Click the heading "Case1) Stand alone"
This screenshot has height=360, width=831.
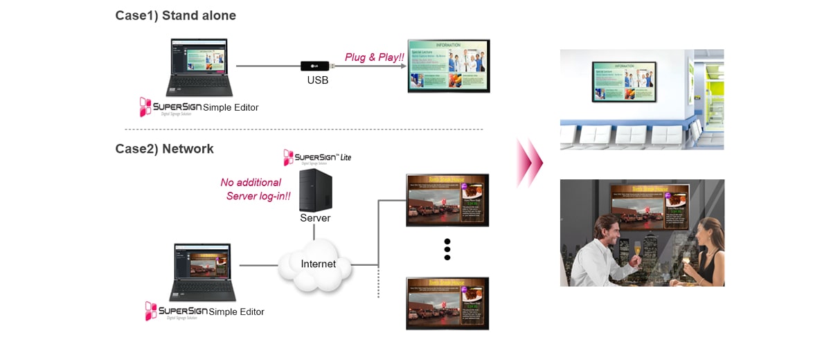tap(175, 15)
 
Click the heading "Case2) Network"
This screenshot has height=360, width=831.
tap(164, 149)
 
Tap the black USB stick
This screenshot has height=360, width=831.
tap(316, 66)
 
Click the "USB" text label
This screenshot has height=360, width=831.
tap(317, 80)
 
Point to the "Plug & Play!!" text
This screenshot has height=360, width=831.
tap(375, 57)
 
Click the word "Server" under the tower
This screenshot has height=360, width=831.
tap(315, 218)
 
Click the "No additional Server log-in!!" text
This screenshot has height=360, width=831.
tap(255, 189)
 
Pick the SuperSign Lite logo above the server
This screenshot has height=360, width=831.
tap(317, 157)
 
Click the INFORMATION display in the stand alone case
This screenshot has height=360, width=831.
tap(448, 66)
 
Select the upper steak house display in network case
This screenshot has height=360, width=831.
tap(447, 199)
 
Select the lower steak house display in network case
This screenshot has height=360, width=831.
tap(447, 303)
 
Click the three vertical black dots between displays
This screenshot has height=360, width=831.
tap(447, 249)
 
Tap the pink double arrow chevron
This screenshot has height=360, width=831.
tap(529, 163)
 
